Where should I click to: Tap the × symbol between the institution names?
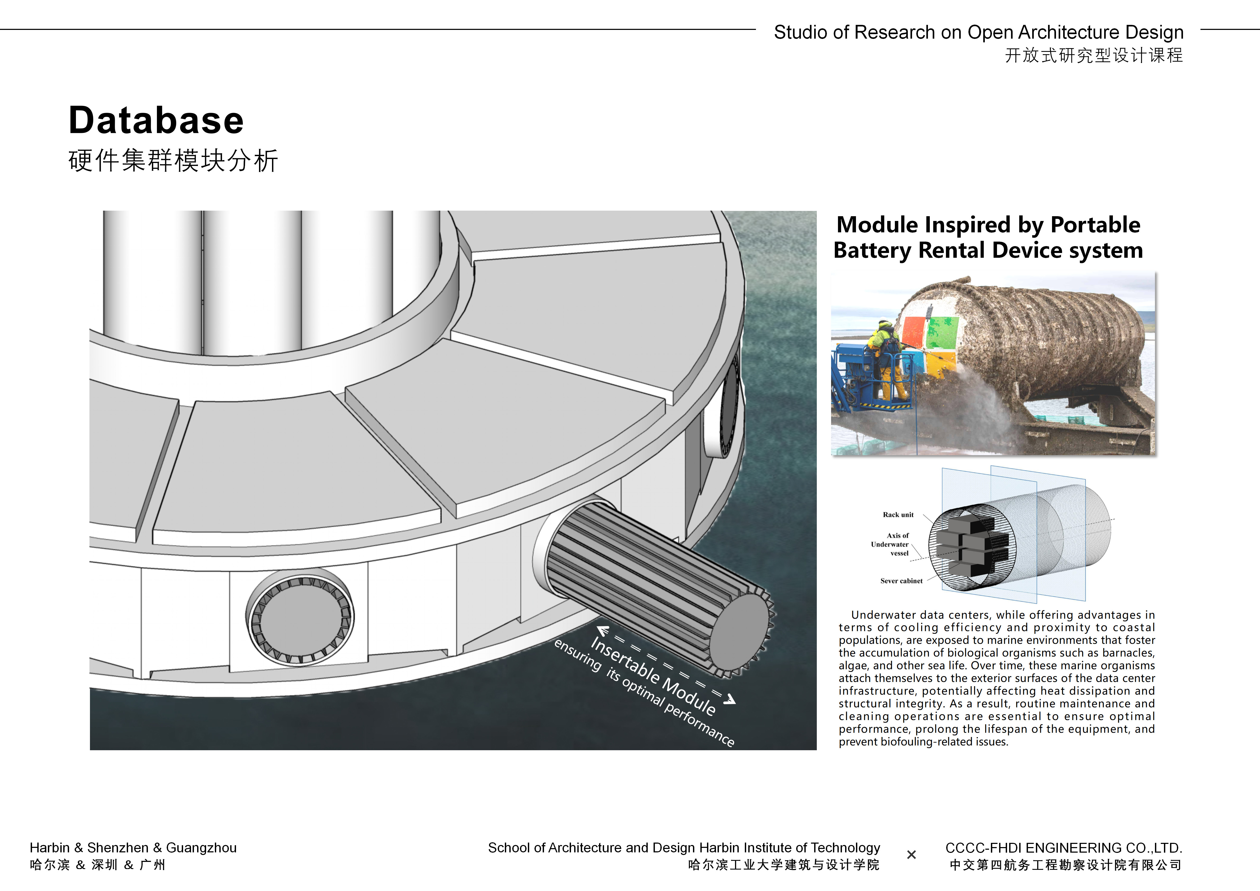tap(912, 855)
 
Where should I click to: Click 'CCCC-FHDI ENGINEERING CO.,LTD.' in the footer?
tap(1063, 848)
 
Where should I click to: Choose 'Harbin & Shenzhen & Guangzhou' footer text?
tap(133, 848)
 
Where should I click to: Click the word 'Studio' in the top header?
tap(800, 33)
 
